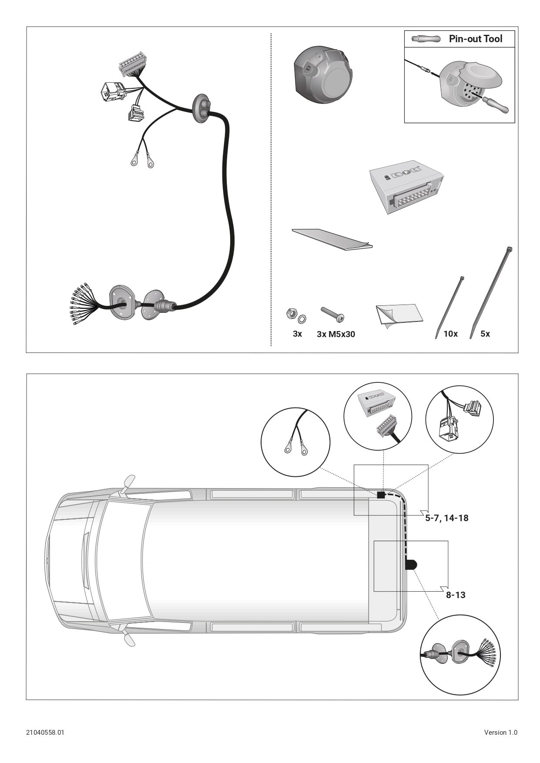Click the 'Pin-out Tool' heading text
476,39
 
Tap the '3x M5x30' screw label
336,334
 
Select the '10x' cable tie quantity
451,334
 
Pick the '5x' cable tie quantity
485,334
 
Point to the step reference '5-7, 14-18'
447,518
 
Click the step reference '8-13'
456,595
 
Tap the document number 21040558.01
45,732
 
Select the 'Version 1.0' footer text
501,732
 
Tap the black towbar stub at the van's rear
411,565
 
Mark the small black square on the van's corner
381,495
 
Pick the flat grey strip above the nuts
332,239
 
